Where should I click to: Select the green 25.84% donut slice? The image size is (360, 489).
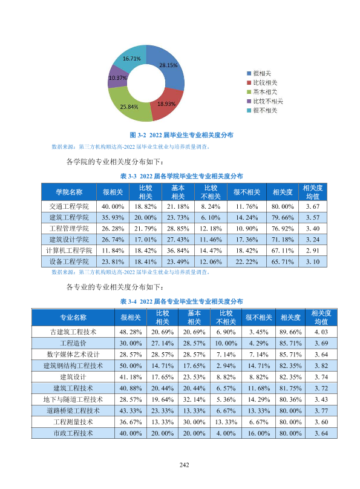128,106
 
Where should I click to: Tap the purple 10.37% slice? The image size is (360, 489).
117,78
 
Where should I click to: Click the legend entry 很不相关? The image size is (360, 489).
262,110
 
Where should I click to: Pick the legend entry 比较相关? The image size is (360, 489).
262,83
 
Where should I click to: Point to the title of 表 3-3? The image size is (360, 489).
182,176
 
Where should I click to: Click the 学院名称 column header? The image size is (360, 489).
69,192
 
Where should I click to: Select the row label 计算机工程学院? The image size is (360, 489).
69,251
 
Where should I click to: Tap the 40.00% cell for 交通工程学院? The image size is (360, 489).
113,206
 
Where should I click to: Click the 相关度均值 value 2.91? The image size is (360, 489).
313,251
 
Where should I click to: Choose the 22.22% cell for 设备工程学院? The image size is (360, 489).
247,261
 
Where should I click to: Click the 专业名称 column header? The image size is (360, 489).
73,318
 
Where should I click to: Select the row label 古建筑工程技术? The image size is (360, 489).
73,332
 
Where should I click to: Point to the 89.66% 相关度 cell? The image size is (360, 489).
290,332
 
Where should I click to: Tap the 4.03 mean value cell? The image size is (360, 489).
321,332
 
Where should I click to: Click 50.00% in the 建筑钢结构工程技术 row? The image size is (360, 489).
131,366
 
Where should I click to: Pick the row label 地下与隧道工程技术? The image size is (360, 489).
73,399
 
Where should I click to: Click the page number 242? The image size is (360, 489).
184,465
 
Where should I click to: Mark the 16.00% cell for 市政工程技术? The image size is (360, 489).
259,433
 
